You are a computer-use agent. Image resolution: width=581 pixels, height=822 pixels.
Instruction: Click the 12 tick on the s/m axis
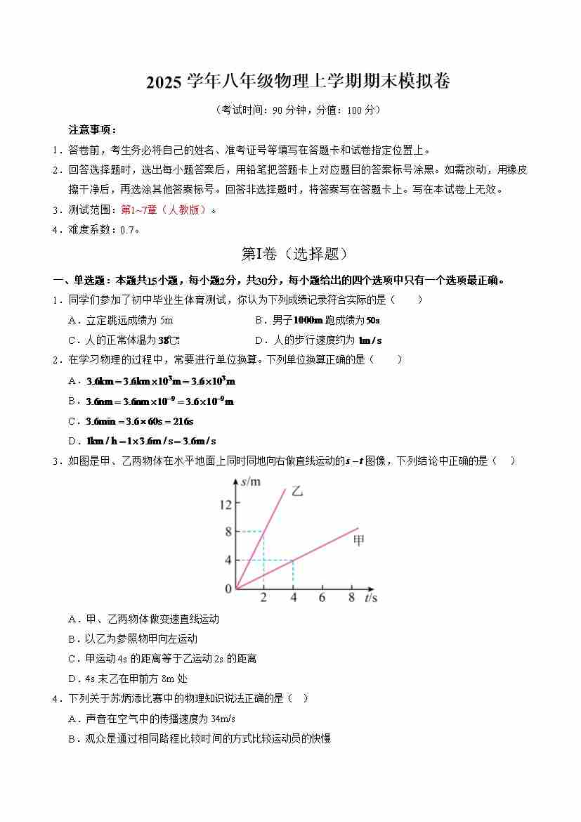225,503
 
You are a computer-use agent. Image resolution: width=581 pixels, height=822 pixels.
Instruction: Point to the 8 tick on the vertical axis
228,532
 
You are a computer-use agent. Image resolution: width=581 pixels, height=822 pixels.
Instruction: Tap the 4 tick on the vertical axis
228,560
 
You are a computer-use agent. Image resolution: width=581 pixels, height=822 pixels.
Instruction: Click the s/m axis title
251,482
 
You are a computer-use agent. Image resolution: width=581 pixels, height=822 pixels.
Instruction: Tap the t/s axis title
372,598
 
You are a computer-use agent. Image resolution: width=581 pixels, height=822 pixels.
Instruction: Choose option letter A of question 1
72,320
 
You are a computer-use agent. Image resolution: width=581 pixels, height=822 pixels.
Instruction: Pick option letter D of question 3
72,679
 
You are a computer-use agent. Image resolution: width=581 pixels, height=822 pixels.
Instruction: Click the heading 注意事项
91,130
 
